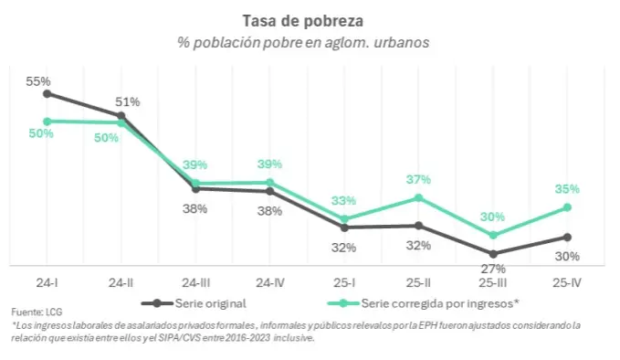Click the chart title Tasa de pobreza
[x=303, y=21]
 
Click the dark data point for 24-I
[x=47, y=94]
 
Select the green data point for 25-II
[x=418, y=197]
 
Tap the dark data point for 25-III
[x=493, y=254]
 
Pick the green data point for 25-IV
[x=567, y=207]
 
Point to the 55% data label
[x=38, y=81]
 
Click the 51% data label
[x=127, y=102]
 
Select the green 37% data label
[x=418, y=180]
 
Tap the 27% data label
[x=493, y=269]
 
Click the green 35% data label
[x=567, y=189]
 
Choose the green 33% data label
[x=343, y=201]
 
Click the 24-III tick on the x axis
[x=195, y=283]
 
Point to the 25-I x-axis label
[x=344, y=283]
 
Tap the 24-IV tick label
[x=270, y=283]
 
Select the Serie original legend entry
[x=194, y=303]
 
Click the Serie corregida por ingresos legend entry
[x=423, y=303]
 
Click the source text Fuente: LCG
[x=37, y=312]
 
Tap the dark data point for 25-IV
[x=567, y=238]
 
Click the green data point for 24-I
[x=47, y=122]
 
